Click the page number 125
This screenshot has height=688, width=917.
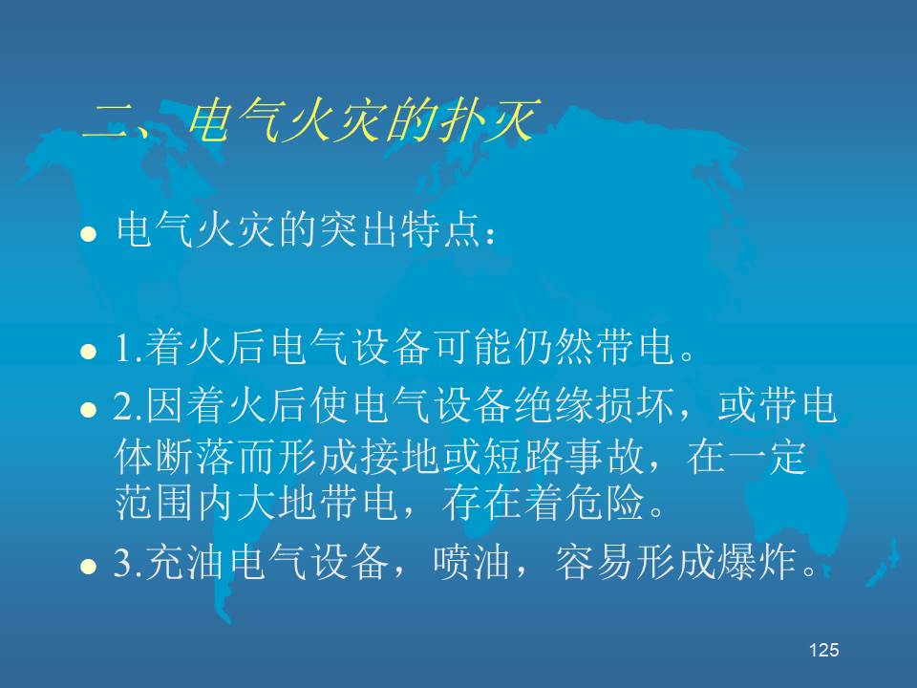(824, 650)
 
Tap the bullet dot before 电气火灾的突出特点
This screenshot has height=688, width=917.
(88, 234)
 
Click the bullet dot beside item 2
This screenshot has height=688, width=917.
(88, 409)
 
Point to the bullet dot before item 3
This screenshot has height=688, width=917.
(88, 567)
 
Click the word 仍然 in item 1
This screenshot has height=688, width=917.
(554, 346)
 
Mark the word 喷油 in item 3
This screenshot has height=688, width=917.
(471, 563)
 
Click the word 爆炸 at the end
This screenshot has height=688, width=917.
(757, 563)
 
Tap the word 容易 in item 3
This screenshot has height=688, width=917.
(593, 563)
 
